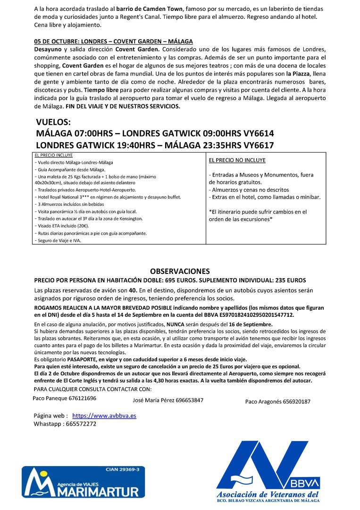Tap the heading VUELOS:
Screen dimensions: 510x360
tap(53, 121)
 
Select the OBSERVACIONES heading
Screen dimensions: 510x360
tap(180, 271)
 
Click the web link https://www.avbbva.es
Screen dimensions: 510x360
tap(104, 416)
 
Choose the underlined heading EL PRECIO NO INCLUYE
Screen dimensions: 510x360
tap(237, 160)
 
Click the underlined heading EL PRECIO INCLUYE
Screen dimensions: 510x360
tap(54, 155)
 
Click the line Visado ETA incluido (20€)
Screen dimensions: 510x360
tap(66, 226)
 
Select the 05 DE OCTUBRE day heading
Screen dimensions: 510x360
tap(113, 42)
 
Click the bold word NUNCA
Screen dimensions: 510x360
tap(174, 324)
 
